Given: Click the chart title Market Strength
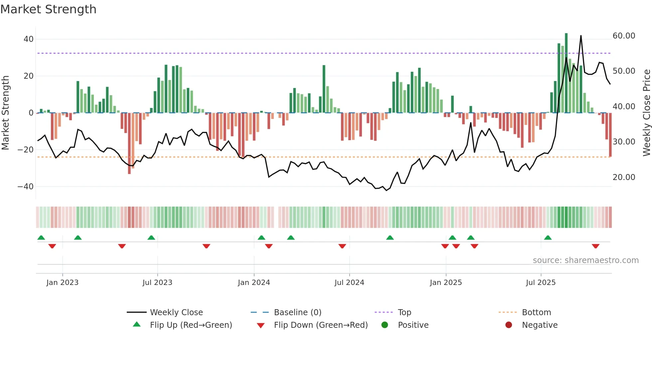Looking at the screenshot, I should [48, 9].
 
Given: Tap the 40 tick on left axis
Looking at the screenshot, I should [28, 39].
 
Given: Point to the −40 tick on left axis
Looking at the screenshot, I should [26, 187].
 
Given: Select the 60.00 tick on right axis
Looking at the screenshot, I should [624, 36].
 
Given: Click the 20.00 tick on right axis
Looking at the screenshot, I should [624, 177].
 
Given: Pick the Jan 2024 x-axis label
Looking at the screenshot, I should [254, 283].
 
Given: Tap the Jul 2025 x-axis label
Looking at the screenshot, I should [541, 283].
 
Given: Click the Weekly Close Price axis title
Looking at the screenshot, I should [646, 113].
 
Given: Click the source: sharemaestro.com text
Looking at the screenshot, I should [585, 260].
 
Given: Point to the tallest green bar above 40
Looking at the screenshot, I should [566, 73].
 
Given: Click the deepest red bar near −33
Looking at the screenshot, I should [129, 143].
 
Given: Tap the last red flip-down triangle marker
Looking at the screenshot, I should [595, 246].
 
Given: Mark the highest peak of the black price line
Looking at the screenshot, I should [581, 36].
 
